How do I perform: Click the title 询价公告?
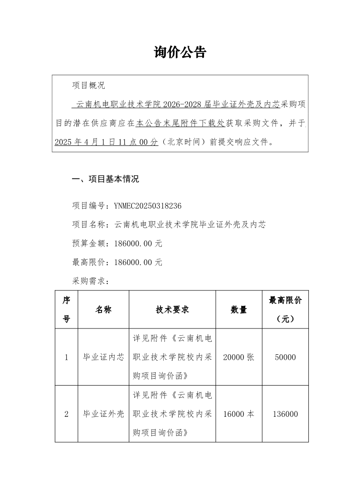point(180,53)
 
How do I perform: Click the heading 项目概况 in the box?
point(88,85)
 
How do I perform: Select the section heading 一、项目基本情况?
point(106,179)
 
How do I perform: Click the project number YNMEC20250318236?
point(148,206)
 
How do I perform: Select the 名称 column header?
point(103,309)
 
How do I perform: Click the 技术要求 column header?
point(172,309)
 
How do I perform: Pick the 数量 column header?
point(239,309)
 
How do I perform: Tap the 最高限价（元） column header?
point(285,309)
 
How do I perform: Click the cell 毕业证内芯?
point(103,357)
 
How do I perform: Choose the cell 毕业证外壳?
point(103,414)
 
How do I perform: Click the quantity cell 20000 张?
point(239,357)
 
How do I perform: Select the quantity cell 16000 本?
point(239,414)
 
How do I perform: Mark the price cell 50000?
point(285,357)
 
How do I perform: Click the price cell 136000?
point(285,414)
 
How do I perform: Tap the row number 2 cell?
point(66,414)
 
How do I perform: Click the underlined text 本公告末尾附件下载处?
point(180,122)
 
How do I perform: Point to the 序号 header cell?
point(66,309)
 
